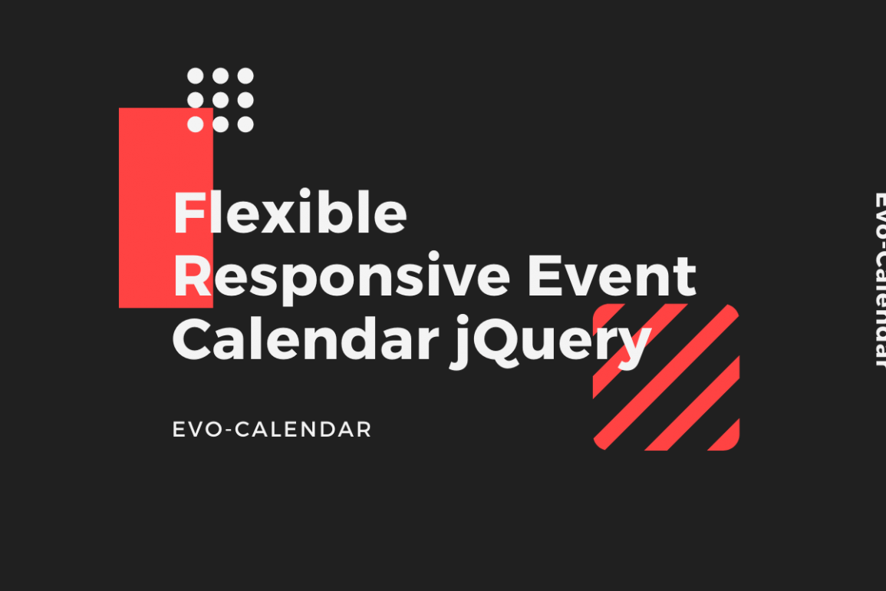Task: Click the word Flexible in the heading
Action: tap(290, 212)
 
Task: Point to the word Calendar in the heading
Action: tap(306, 338)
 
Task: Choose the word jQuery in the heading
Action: tap(551, 342)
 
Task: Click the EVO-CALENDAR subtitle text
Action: tap(272, 429)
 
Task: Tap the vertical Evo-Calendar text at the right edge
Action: tap(878, 279)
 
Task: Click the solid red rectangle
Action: tap(166, 207)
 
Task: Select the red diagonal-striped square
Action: tap(666, 377)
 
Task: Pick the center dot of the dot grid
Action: tap(220, 100)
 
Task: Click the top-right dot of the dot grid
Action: tap(245, 76)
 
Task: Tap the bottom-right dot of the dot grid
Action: tap(245, 124)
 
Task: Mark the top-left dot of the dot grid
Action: tap(196, 76)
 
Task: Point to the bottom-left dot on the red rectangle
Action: tap(196, 124)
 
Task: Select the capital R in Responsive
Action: tap(192, 276)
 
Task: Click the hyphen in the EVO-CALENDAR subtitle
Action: tap(229, 431)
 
